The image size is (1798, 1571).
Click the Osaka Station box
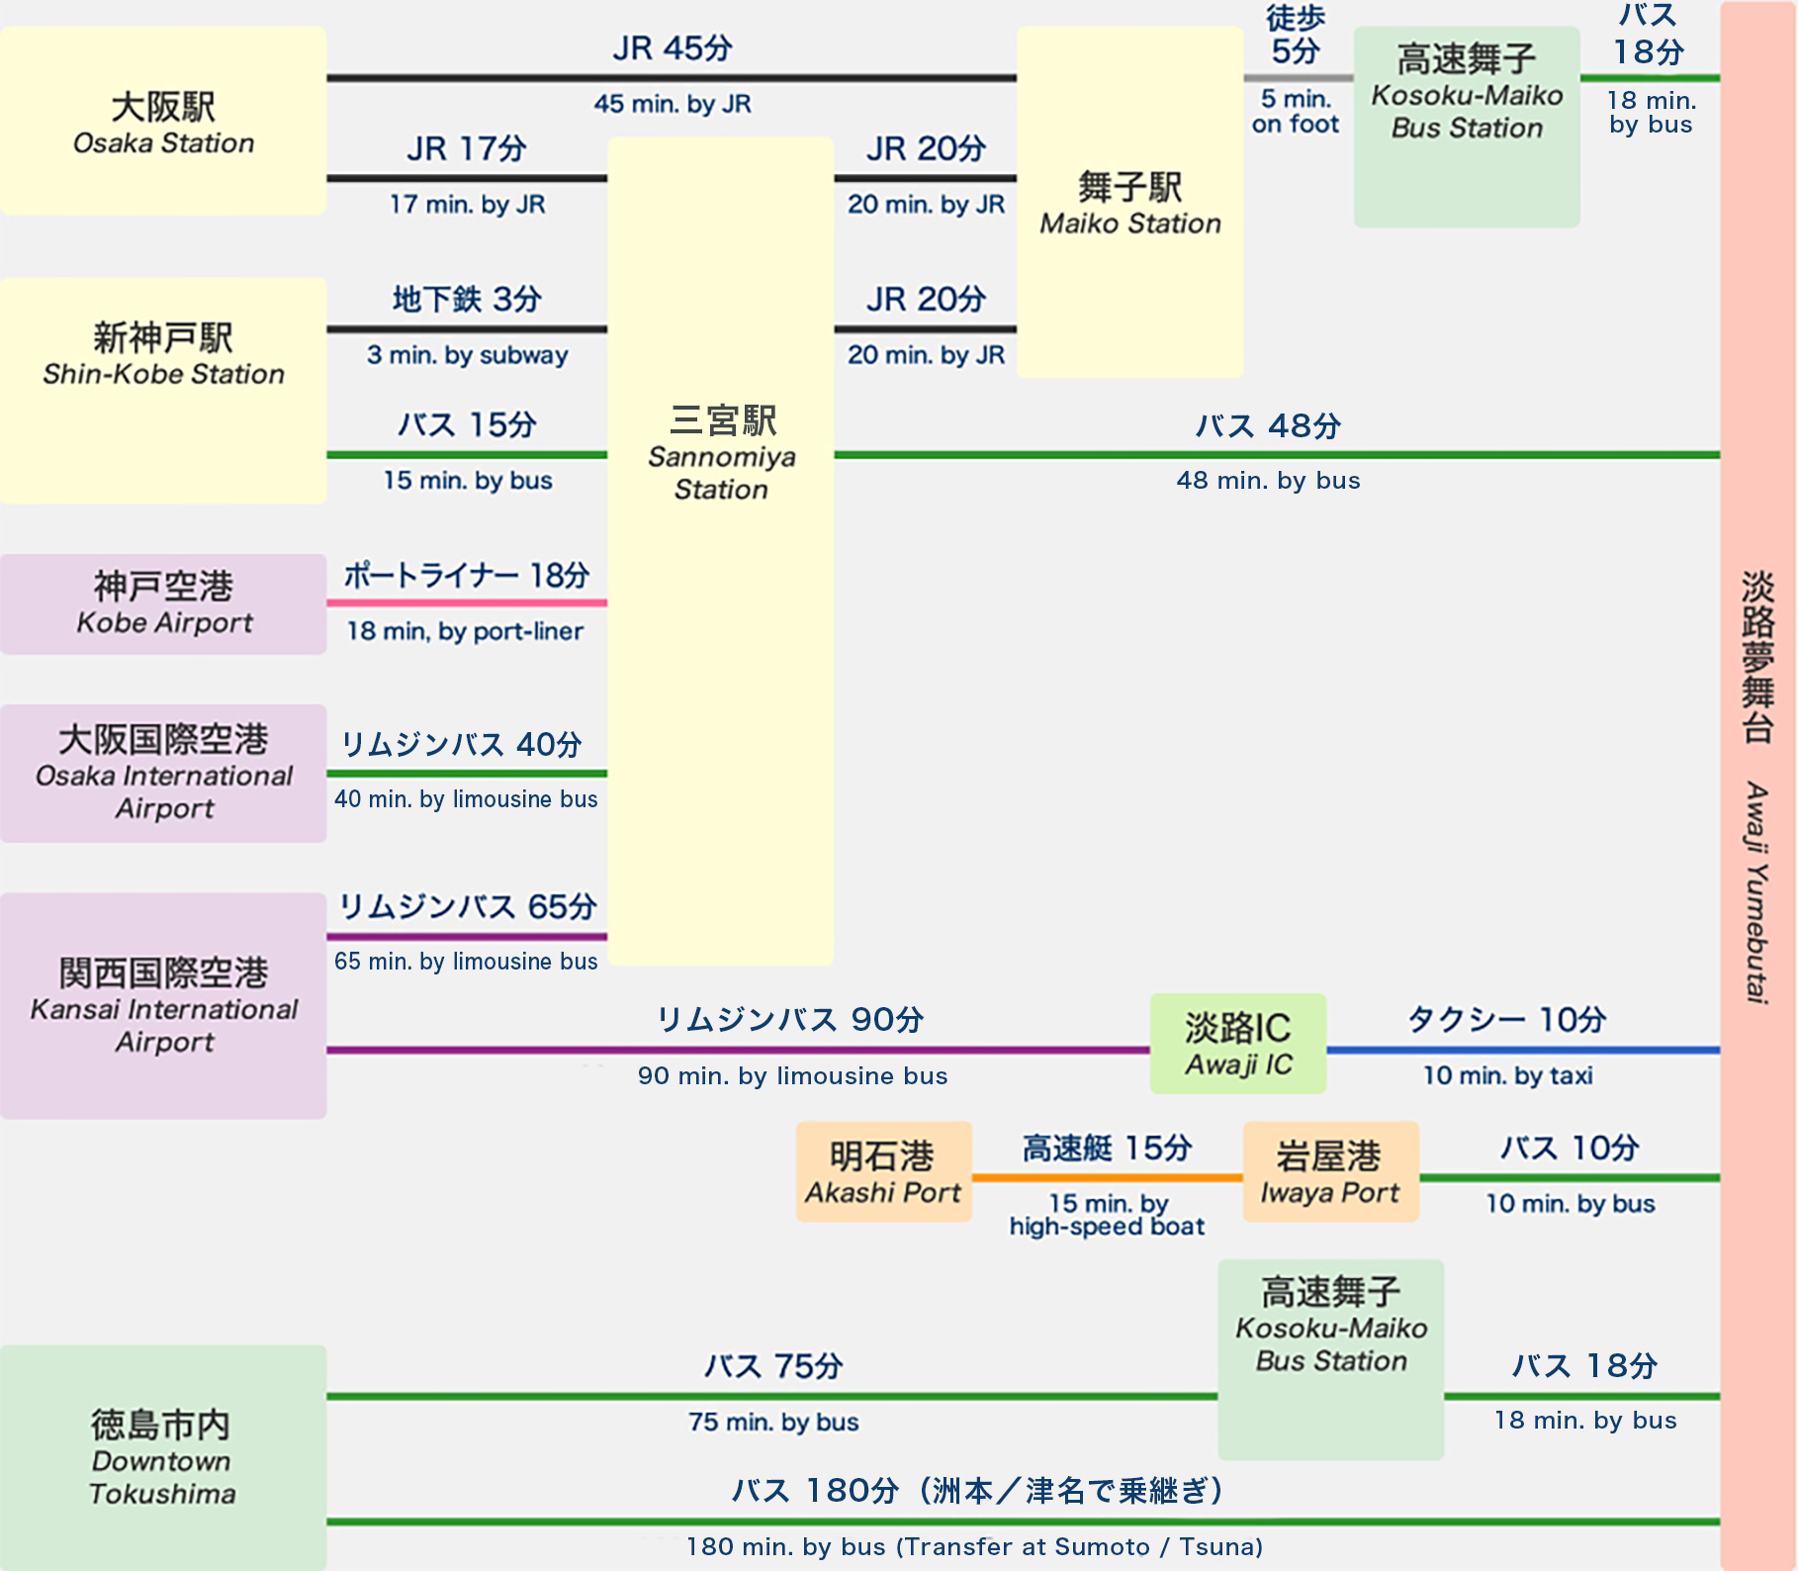pos(163,122)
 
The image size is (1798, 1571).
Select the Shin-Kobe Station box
pos(163,390)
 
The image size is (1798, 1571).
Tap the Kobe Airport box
pos(163,603)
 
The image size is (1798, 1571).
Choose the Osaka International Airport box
pos(163,774)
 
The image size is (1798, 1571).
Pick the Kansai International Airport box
pos(163,1005)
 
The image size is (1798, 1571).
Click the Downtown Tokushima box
pos(163,1456)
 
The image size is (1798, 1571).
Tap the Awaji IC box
pos(1237,1044)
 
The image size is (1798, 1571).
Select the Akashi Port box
pos(883,1172)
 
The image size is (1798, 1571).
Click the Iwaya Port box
pos(1330,1172)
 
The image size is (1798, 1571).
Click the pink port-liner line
pos(467,602)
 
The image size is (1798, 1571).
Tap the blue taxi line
pos(1522,1050)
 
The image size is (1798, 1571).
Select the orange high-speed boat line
pos(1107,1177)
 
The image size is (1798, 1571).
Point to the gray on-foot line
pos(1298,77)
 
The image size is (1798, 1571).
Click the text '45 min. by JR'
pos(673,104)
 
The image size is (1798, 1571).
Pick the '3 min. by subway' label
pos(467,355)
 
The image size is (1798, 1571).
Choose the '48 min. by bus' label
pos(1268,481)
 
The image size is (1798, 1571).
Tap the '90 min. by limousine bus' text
pos(792,1076)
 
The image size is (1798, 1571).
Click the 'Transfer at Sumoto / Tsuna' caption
pos(1079,1547)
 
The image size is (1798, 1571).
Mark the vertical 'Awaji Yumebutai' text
pos(1756,890)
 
